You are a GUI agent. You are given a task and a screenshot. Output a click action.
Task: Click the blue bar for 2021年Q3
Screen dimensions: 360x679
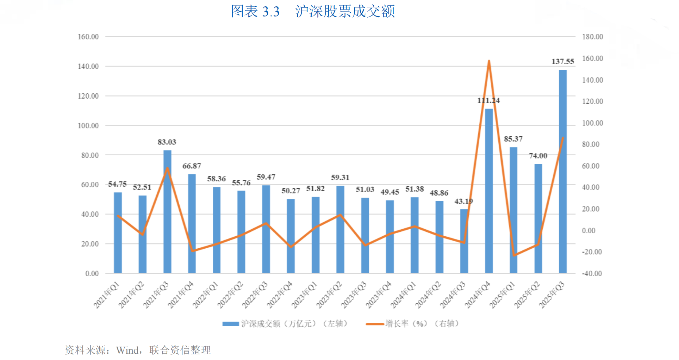(167, 211)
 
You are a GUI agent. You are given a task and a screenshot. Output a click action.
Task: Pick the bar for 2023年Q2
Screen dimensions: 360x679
(340, 229)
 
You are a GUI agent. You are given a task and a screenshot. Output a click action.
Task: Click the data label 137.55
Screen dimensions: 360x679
(563, 62)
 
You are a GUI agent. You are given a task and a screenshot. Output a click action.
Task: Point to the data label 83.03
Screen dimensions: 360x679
(167, 142)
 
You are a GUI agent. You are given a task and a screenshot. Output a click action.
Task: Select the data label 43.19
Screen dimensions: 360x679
(463, 201)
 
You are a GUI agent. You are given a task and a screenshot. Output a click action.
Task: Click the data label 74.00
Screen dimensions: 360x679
(538, 156)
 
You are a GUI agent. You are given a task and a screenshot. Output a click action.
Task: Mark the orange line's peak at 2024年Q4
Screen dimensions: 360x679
(489, 61)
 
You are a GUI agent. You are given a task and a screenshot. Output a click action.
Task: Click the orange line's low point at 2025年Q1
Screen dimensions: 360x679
(514, 255)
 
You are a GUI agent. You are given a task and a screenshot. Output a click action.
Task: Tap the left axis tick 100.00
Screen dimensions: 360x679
(88, 126)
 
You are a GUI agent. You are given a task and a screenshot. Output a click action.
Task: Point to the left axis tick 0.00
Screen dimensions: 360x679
(92, 274)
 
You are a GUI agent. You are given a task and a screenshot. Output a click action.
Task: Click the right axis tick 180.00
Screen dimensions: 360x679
(592, 37)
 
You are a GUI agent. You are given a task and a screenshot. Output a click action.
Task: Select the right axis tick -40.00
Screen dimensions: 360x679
(592, 274)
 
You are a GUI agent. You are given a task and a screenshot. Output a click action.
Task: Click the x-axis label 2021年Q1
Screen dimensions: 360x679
(107, 295)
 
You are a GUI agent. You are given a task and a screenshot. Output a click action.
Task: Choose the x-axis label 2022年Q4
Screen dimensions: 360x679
(280, 295)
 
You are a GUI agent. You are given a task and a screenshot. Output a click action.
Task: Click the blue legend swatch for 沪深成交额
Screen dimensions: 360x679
(231, 324)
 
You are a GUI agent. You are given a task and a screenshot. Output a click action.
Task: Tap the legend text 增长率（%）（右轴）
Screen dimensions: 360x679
(422, 323)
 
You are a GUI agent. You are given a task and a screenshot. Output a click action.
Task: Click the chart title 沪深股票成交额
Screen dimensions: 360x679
(345, 11)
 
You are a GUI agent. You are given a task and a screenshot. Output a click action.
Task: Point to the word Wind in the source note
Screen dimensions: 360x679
(127, 350)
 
